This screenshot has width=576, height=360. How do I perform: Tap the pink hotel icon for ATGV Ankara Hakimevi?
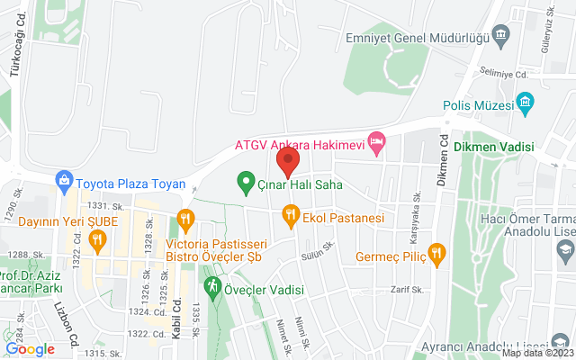(378, 143)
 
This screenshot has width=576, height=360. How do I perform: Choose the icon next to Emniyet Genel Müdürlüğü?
(502, 36)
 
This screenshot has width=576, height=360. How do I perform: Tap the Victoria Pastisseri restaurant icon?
(186, 217)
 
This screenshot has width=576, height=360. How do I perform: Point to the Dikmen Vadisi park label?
(494, 147)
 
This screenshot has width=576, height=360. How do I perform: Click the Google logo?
(31, 349)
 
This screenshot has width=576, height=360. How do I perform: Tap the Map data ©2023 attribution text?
(536, 353)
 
